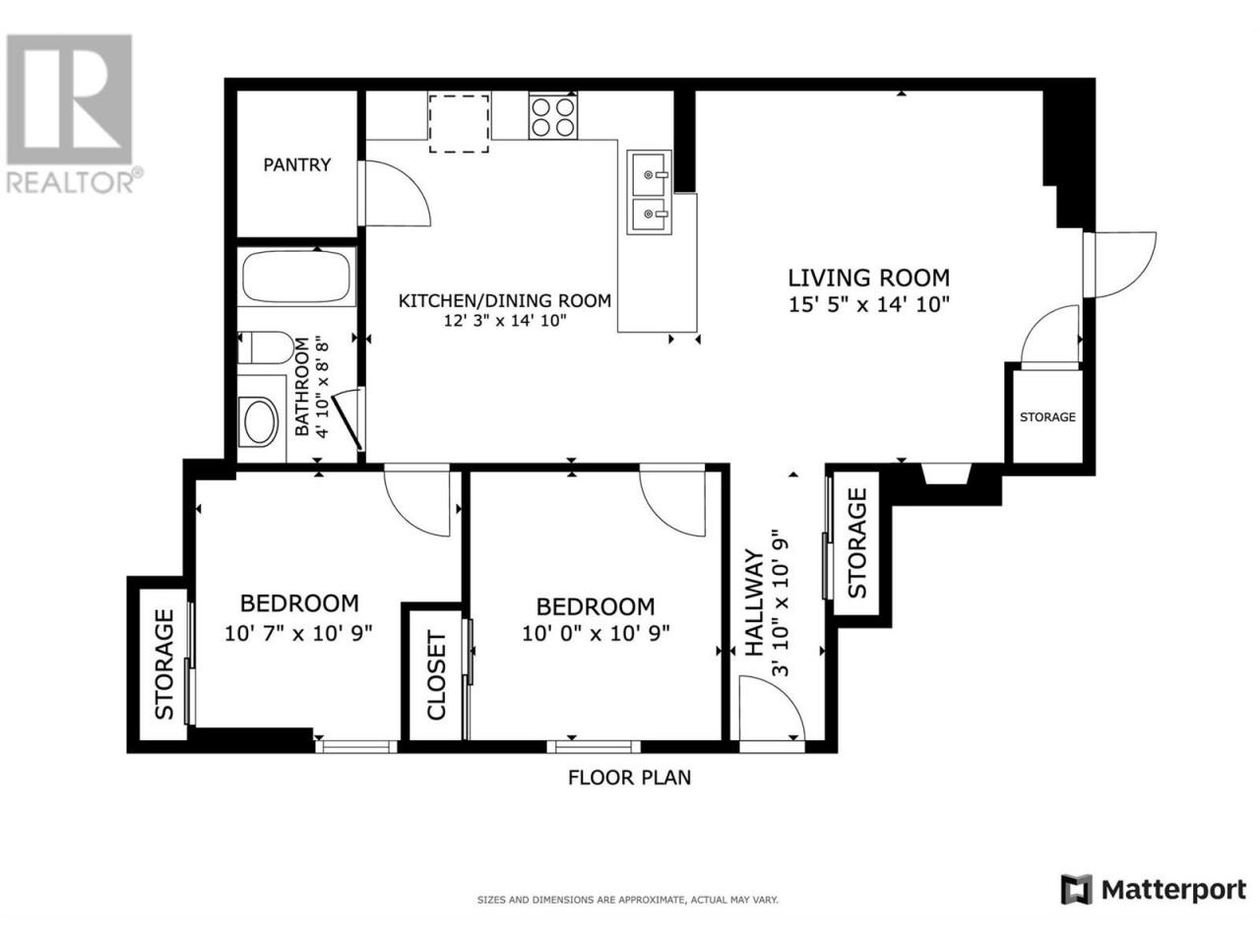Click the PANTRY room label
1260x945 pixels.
pyautogui.click(x=296, y=164)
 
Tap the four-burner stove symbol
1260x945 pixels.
pyautogui.click(x=553, y=116)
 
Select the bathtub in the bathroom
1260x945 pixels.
pyautogui.click(x=296, y=277)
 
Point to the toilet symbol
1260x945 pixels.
pyautogui.click(x=265, y=347)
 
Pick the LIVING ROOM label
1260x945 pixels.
pyautogui.click(x=868, y=278)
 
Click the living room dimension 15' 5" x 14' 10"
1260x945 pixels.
pyautogui.click(x=868, y=304)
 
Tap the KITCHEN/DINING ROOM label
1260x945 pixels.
pyautogui.click(x=505, y=300)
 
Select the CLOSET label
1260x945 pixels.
pyautogui.click(x=436, y=675)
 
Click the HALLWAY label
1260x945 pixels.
pyautogui.click(x=754, y=602)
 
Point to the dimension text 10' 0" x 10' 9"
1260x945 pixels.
pyautogui.click(x=596, y=633)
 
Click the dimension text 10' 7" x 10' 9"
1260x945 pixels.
pyautogui.click(x=298, y=633)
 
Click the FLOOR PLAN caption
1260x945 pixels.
pyautogui.click(x=629, y=778)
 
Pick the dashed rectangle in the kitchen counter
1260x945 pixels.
pyautogui.click(x=459, y=123)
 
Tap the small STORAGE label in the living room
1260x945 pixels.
pyautogui.click(x=1047, y=417)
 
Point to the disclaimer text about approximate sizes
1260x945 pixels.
pyautogui.click(x=627, y=901)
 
